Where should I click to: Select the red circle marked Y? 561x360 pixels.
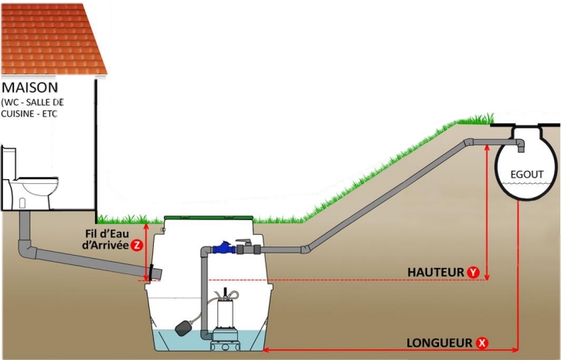click(x=474, y=272)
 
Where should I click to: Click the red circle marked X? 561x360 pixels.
click(x=482, y=342)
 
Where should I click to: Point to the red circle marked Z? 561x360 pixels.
click(x=136, y=245)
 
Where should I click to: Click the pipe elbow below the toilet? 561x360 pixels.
click(x=26, y=250)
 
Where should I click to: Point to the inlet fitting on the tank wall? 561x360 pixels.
click(x=153, y=273)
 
